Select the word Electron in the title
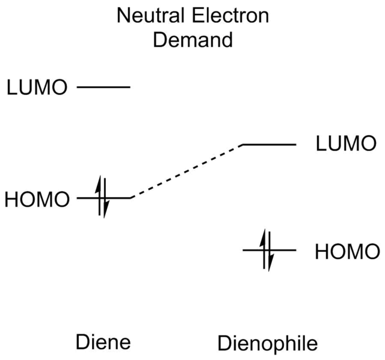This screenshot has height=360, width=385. (232, 16)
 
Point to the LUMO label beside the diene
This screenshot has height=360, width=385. (35, 88)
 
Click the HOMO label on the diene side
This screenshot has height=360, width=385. (37, 198)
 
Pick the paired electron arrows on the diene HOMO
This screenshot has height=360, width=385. (102, 196)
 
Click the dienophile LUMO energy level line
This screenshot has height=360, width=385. (269, 144)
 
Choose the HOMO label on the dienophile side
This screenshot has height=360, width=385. (346, 251)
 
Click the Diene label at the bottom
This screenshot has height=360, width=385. (103, 343)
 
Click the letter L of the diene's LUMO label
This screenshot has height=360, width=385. (12, 88)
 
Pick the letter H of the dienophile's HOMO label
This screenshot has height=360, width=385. (322, 251)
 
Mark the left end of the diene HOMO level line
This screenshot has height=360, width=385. (78, 197)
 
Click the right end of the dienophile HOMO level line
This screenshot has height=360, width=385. (295, 248)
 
